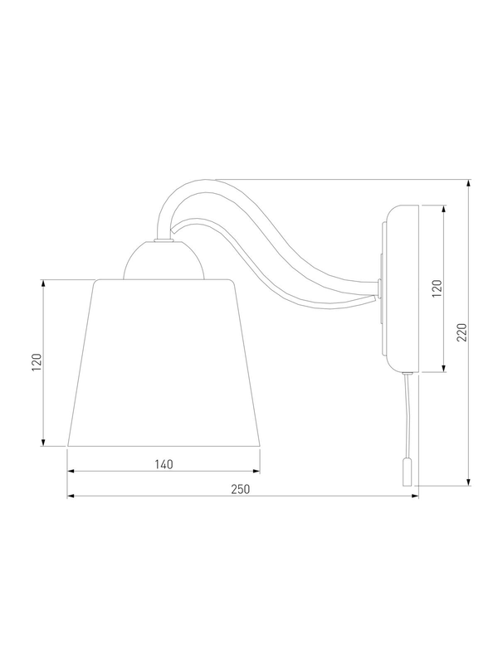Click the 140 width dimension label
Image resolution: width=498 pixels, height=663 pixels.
164,464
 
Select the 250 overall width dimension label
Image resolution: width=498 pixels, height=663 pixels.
241,489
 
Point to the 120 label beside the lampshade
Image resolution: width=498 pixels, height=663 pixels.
37,362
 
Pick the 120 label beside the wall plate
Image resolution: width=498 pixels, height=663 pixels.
437,288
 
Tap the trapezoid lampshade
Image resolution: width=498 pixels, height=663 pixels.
164,362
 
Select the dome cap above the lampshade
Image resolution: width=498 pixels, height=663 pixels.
163,260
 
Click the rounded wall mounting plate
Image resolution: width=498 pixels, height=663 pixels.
399,288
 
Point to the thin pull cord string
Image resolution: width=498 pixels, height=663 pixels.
407,418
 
